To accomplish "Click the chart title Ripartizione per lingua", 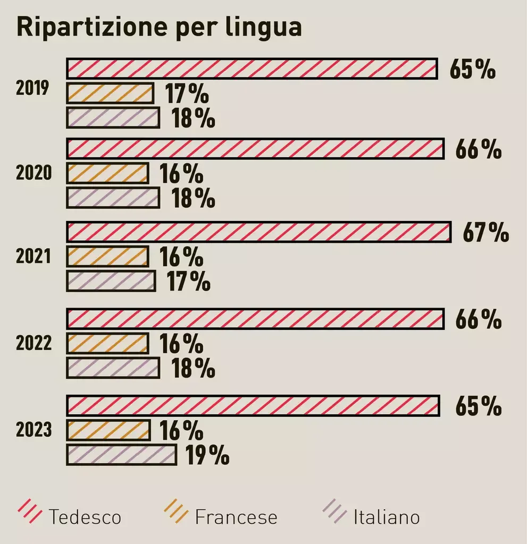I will (159, 27).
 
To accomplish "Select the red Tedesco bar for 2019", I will (252, 69).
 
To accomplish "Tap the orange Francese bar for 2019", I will (110, 93).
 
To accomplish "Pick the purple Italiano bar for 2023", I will (121, 455).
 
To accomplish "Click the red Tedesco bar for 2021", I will (258, 233).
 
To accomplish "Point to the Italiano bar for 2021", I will (111, 281).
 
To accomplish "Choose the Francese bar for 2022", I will (107, 344).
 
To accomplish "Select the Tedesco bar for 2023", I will (253, 405).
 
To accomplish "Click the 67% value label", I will (486, 233).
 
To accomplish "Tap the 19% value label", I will (207, 455).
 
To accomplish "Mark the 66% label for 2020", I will (478, 149).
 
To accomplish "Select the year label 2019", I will (32, 88).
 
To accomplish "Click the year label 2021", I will (33, 257).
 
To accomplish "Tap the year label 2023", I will (34, 429).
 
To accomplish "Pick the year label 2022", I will (34, 344).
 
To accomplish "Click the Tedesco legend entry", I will (70, 515).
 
